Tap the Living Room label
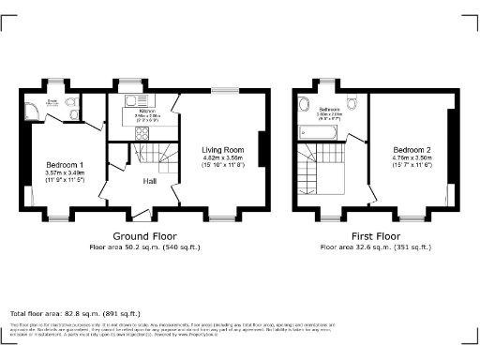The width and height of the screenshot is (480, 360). pyautogui.click(x=223, y=149)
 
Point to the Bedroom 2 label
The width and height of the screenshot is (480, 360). pyautogui.click(x=412, y=150)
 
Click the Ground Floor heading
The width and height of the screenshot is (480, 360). pyautogui.click(x=145, y=236)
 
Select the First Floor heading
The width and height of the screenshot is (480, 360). pyautogui.click(x=375, y=236)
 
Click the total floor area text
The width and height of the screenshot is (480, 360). pyautogui.click(x=75, y=313)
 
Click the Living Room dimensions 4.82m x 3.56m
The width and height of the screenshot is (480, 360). pyautogui.click(x=223, y=157)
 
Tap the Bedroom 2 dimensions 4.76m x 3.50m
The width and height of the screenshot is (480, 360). pyautogui.click(x=412, y=158)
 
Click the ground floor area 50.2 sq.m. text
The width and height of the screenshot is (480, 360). pyautogui.click(x=145, y=247)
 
